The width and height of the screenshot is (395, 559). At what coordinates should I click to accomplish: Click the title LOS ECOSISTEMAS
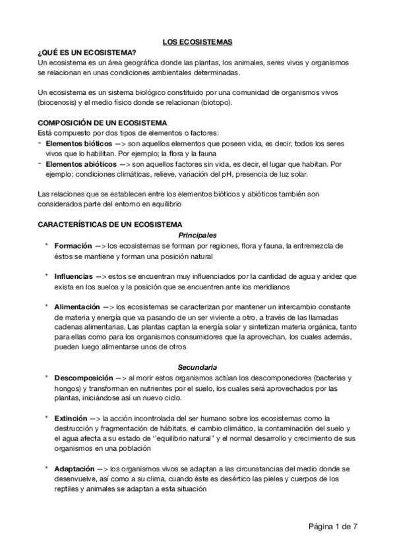197,43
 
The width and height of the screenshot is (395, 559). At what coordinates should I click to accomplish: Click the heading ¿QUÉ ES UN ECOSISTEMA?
86,52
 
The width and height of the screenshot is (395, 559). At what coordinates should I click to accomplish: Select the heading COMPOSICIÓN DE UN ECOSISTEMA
102,123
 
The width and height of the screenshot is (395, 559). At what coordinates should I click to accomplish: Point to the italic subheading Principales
198,235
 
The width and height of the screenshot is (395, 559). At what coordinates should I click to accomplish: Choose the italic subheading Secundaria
198,367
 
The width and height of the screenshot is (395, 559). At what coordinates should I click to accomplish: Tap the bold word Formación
74,245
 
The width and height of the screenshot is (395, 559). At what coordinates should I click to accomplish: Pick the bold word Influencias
74,276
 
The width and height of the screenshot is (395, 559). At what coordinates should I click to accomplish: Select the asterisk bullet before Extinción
47,418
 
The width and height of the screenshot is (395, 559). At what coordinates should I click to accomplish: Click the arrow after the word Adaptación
104,468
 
